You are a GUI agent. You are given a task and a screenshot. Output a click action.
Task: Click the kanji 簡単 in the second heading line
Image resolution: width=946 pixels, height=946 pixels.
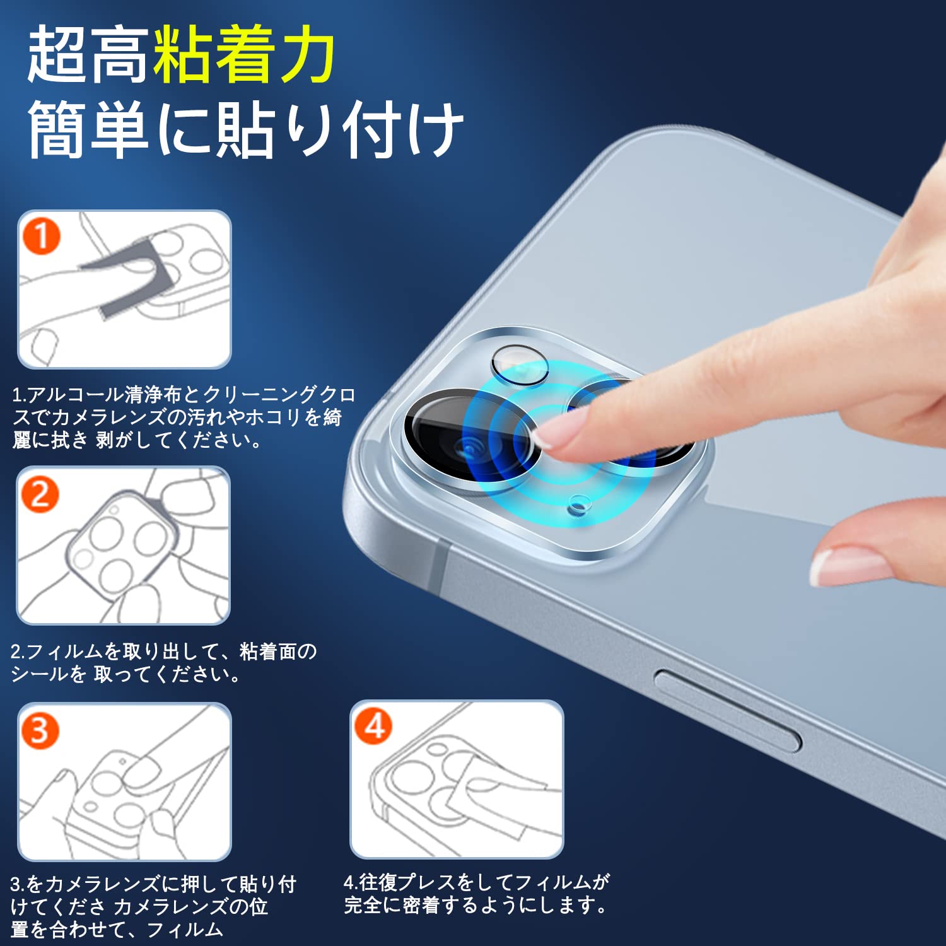coord(88,129)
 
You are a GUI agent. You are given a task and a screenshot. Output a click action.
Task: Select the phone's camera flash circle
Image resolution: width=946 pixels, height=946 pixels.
coord(520,365)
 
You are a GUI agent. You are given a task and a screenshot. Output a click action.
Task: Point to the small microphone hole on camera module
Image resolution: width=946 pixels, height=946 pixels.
coord(579,503)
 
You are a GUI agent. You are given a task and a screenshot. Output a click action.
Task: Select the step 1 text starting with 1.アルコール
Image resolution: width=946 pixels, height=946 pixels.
coord(183,417)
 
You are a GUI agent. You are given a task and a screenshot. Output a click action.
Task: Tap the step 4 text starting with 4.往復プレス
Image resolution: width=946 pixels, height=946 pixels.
coord(476,893)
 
